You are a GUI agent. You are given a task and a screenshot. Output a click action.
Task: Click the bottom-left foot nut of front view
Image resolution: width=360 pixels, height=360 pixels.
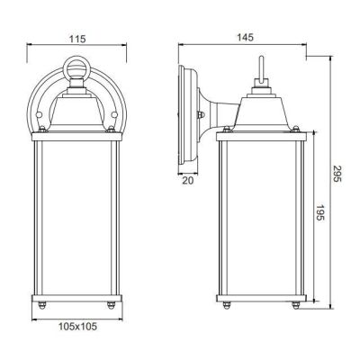pyautogui.click(x=40, y=307)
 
